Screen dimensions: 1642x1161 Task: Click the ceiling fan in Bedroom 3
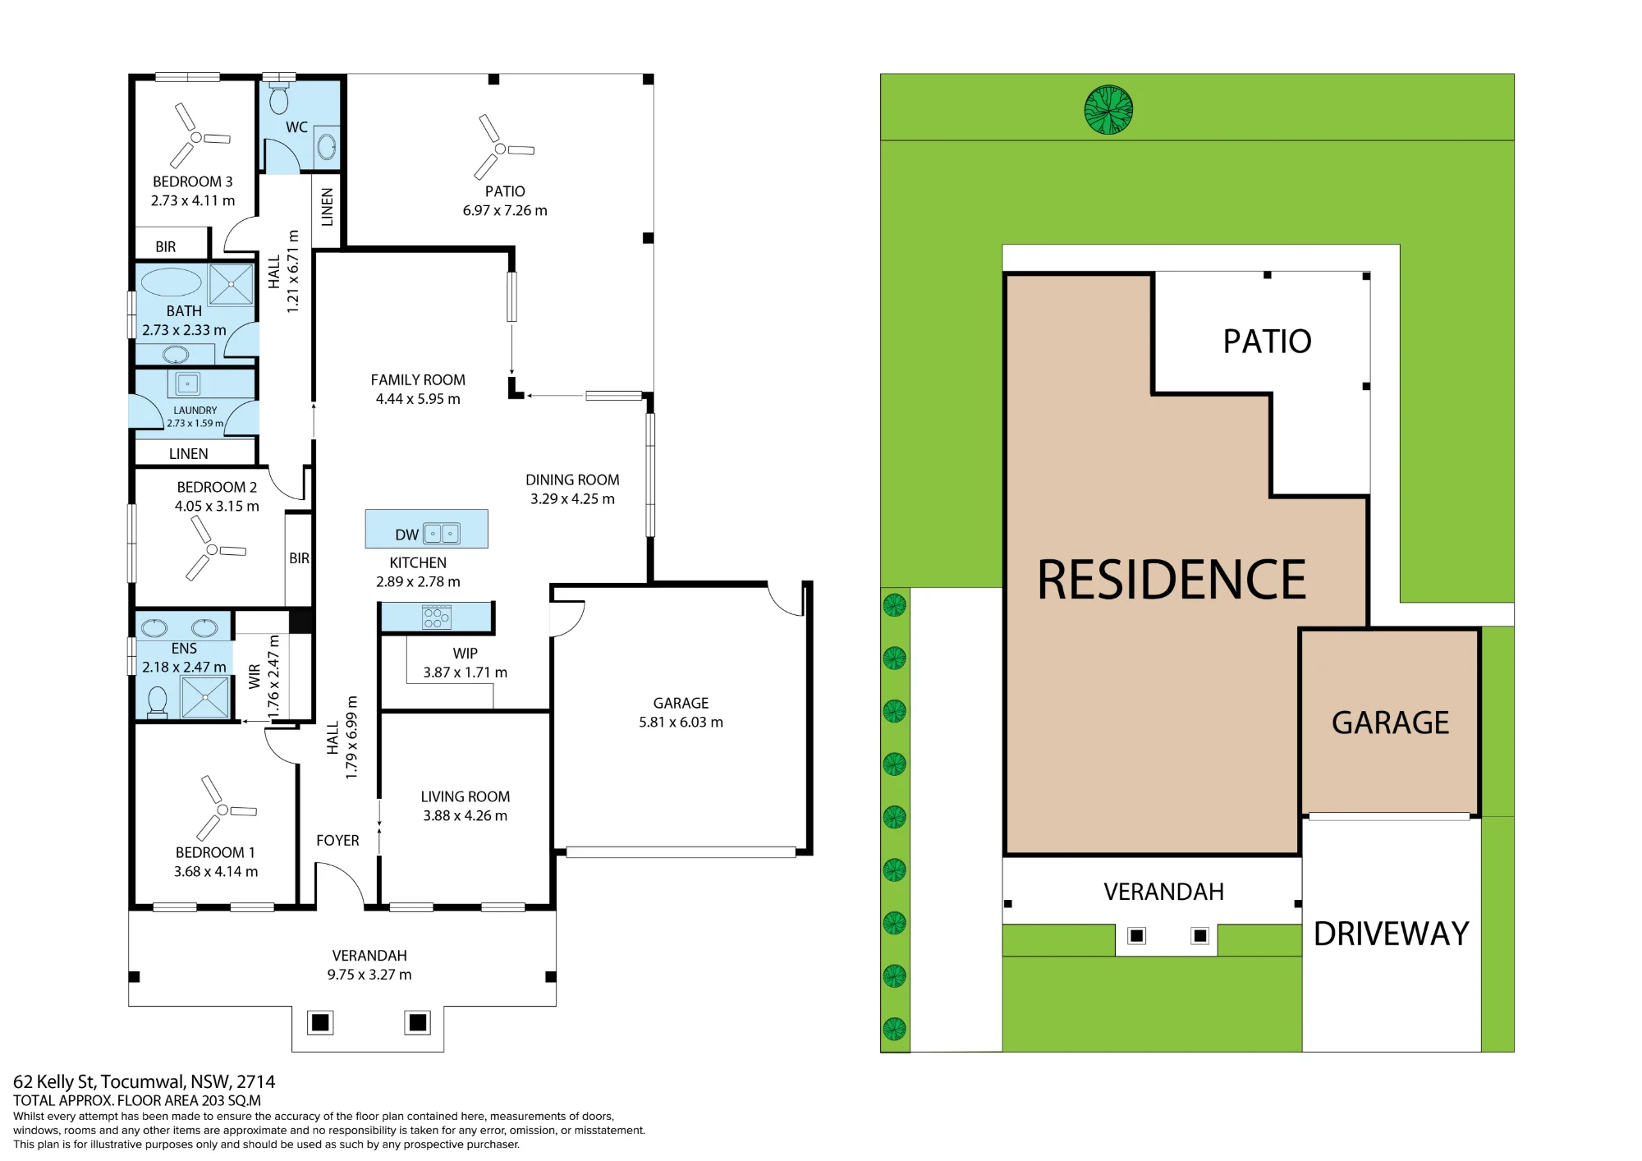tap(197, 136)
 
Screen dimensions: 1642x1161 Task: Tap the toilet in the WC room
tap(279, 96)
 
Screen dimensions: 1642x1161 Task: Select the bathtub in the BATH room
tap(172, 282)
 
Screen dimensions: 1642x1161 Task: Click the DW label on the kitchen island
tap(406, 535)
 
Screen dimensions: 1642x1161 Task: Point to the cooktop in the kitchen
tap(436, 617)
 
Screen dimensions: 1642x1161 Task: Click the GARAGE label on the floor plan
tap(681, 703)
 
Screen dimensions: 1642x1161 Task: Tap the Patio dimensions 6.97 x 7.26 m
tap(505, 210)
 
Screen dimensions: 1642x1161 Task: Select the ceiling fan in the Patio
tap(501, 148)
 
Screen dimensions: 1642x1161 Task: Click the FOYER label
tap(337, 840)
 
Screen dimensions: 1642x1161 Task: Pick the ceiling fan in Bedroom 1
tap(223, 809)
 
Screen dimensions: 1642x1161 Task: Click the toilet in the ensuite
tap(157, 702)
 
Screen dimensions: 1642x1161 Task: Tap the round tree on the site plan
tap(1108, 109)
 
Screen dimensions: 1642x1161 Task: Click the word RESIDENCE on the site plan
tap(1172, 580)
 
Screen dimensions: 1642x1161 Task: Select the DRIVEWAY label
tap(1392, 934)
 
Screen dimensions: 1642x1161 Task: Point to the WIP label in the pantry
tap(465, 654)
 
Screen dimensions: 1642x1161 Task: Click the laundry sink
tap(188, 383)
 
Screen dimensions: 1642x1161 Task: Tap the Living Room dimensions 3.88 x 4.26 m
tap(466, 815)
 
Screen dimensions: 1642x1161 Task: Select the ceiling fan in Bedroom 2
tap(213, 548)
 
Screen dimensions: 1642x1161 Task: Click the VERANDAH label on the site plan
tap(1163, 892)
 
